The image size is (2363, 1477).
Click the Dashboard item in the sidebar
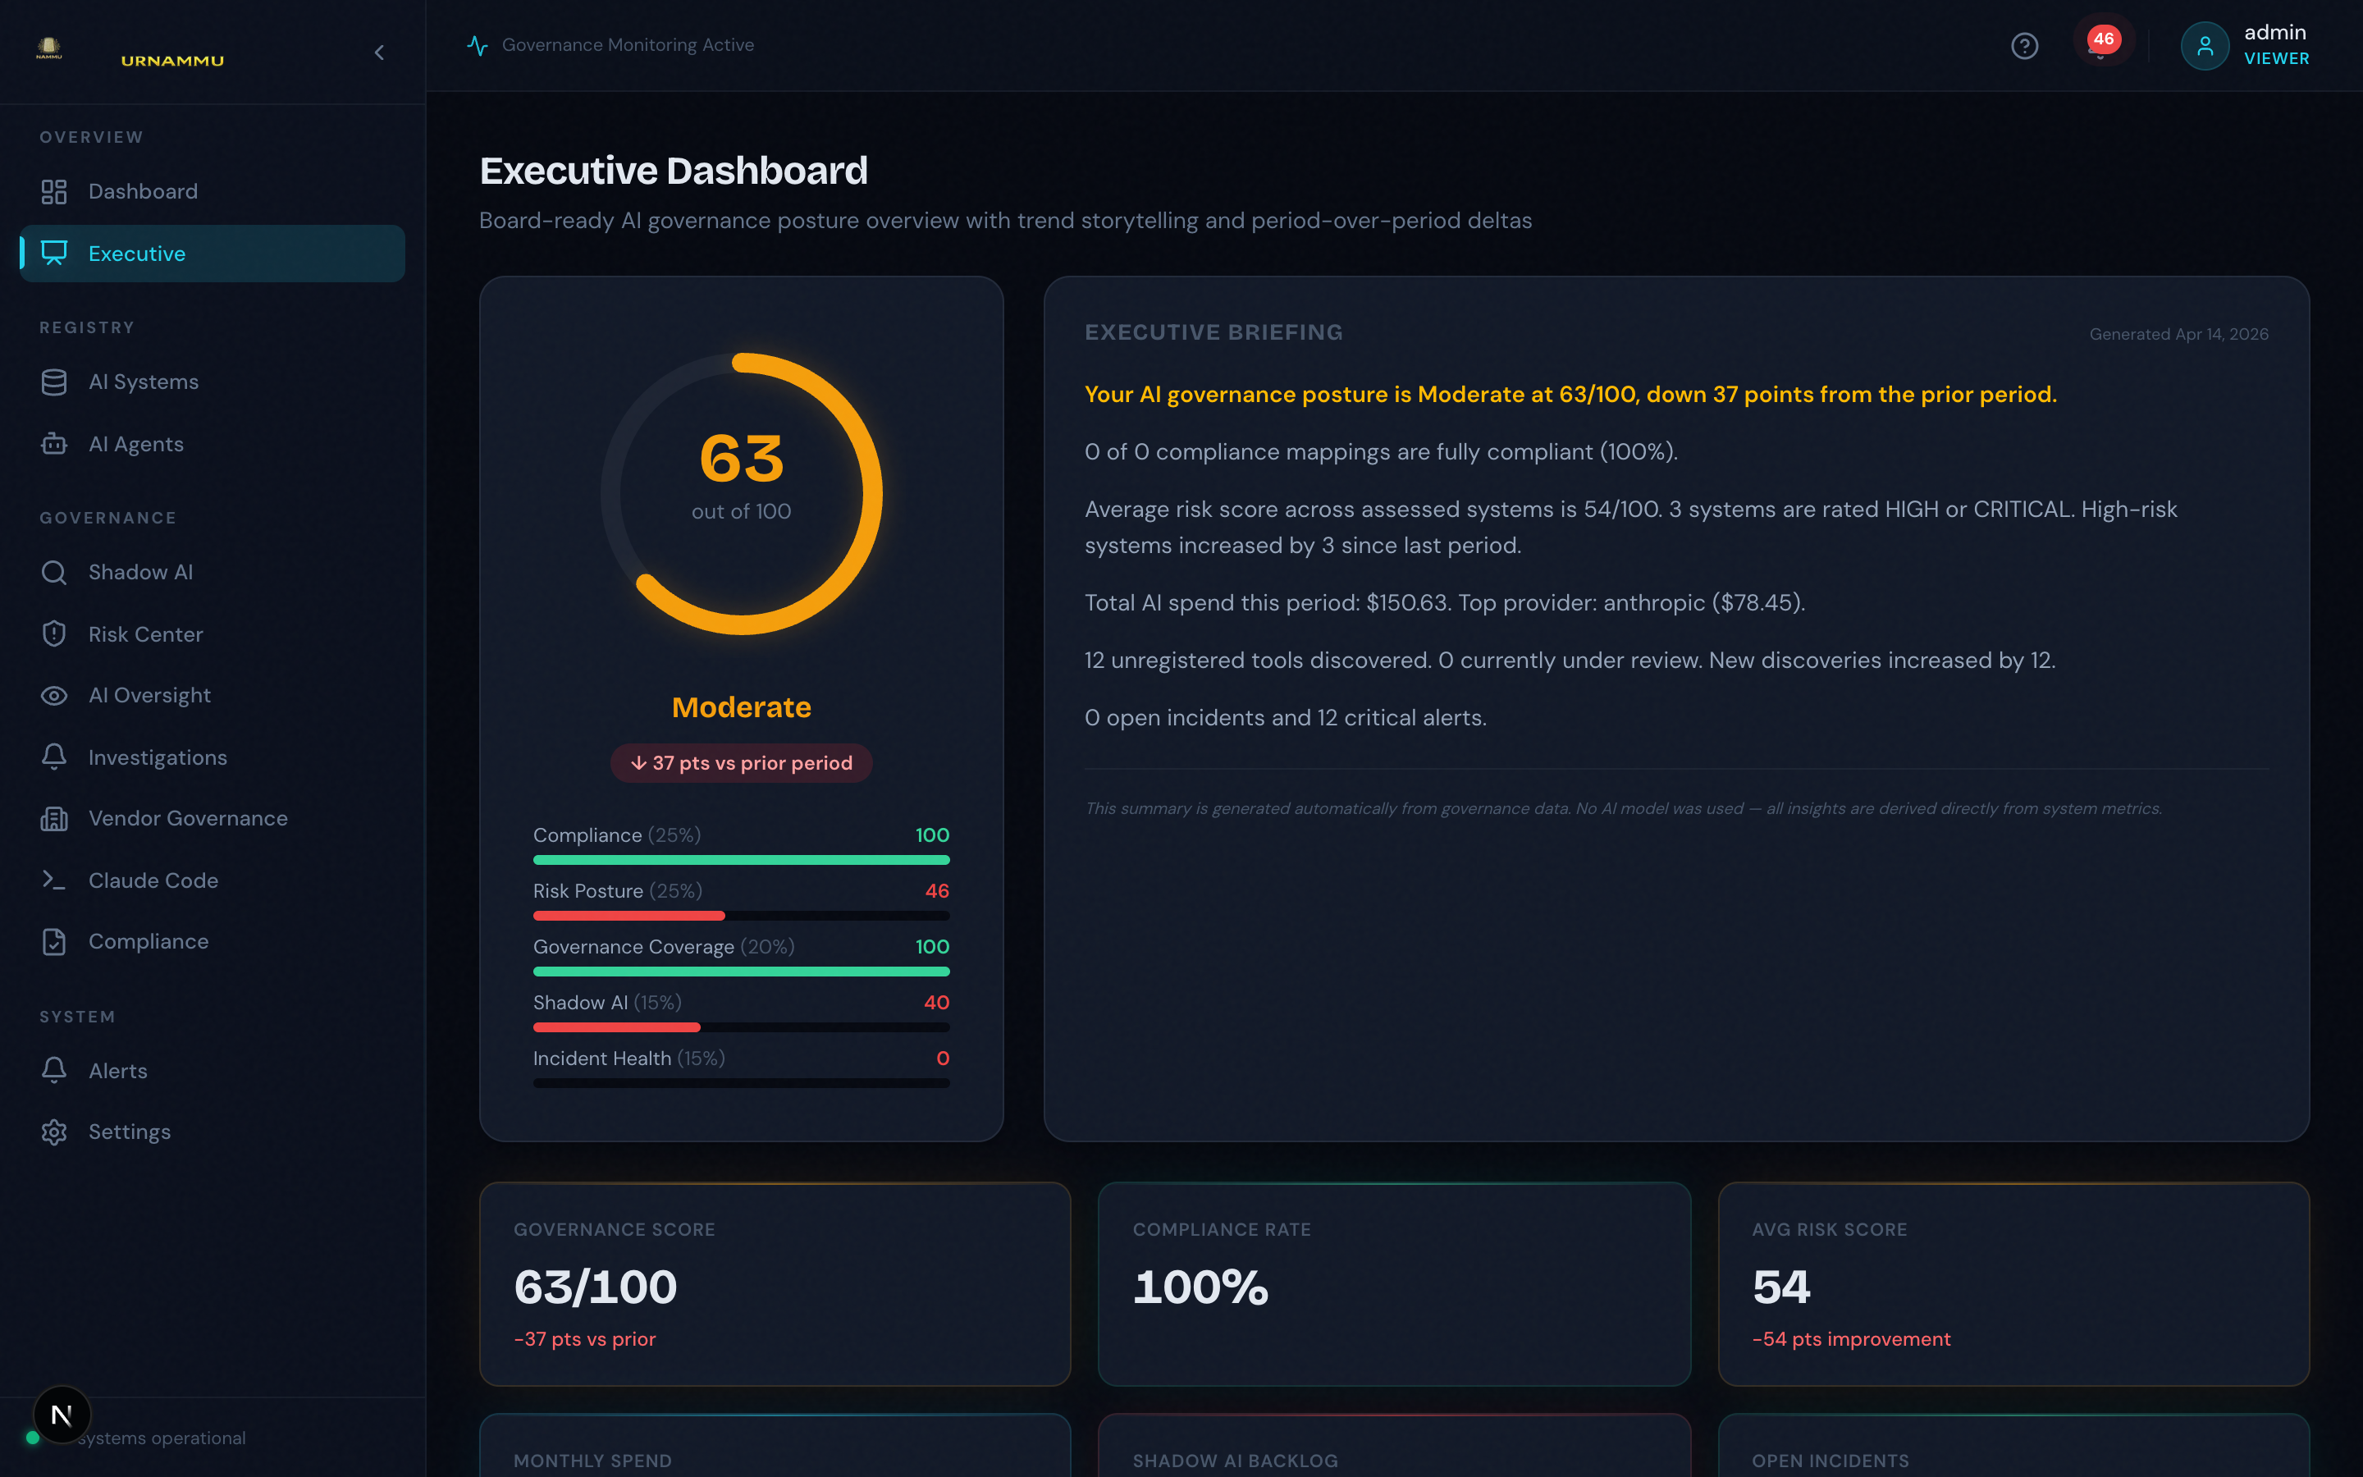[x=143, y=191]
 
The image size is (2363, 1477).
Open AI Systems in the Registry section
[x=144, y=382]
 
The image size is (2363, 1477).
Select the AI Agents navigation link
[x=135, y=445]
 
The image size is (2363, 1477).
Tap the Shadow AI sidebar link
[x=140, y=573]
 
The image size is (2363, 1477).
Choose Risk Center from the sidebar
[x=145, y=635]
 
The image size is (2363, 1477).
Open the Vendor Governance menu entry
[x=187, y=819]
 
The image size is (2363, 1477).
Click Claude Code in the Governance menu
[x=153, y=881]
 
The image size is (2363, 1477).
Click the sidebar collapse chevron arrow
[x=380, y=53]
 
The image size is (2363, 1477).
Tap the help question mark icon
[x=2024, y=46]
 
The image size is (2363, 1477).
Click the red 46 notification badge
[x=2103, y=40]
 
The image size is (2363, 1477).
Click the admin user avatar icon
[x=2204, y=46]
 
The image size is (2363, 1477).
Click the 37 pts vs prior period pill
[x=741, y=763]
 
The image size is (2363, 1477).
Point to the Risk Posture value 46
[x=936, y=891]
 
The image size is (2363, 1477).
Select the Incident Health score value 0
[x=942, y=1058]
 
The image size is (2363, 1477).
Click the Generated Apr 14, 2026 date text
[x=2178, y=334]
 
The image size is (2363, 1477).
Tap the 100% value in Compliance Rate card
[x=1200, y=1287]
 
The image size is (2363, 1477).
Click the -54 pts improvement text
[x=1851, y=1339]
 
